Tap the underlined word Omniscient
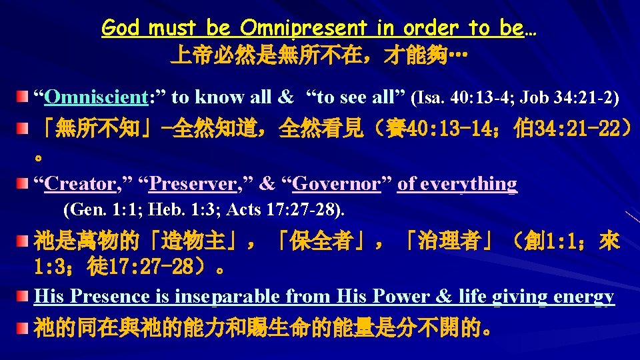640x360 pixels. coord(95,97)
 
